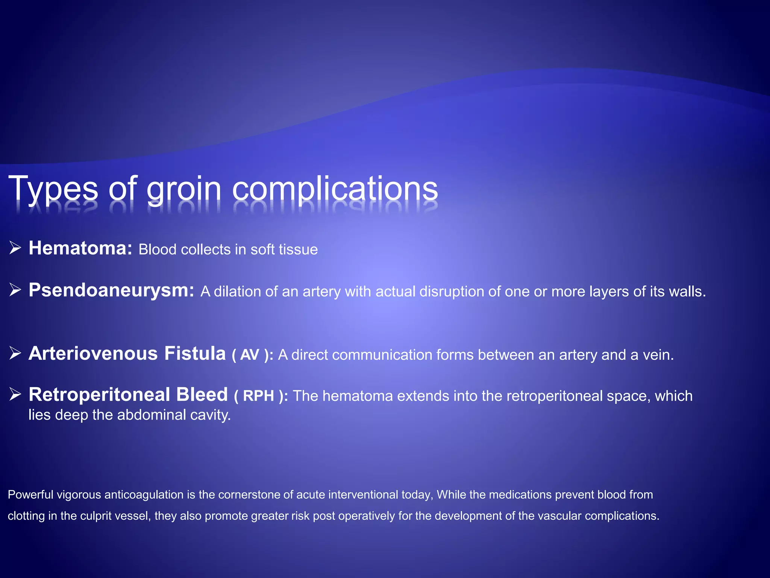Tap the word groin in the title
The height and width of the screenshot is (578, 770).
(x=184, y=189)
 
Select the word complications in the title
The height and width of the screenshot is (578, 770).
(x=335, y=189)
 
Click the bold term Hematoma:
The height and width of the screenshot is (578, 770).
(x=80, y=248)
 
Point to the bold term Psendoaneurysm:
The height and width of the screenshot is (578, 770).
(x=111, y=291)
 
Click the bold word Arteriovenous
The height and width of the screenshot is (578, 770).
(x=93, y=354)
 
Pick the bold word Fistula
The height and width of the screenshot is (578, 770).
(x=195, y=354)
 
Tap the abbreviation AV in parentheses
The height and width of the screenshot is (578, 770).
(x=250, y=355)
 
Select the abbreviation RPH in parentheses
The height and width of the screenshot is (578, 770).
(x=258, y=396)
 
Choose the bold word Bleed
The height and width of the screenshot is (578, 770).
(x=202, y=395)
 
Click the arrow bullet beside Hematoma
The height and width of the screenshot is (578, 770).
(x=15, y=248)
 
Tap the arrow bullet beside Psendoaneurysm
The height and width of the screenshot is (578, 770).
(x=15, y=290)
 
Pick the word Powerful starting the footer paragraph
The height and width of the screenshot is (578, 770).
(x=30, y=494)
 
